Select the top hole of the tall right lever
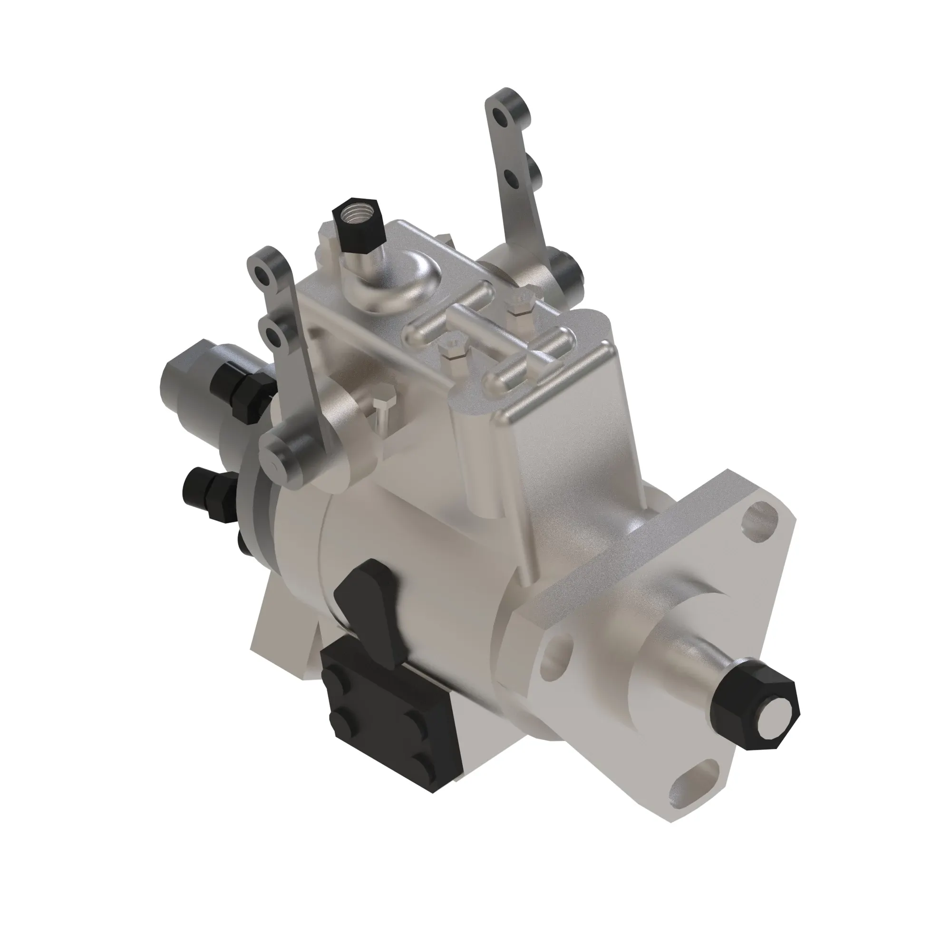click(502, 116)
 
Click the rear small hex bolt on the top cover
click(521, 305)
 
